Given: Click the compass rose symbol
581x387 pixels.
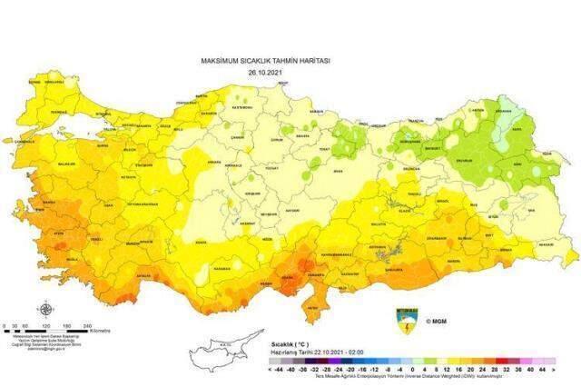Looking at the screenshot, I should (44, 308).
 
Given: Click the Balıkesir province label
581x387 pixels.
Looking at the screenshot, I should (70, 164).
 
